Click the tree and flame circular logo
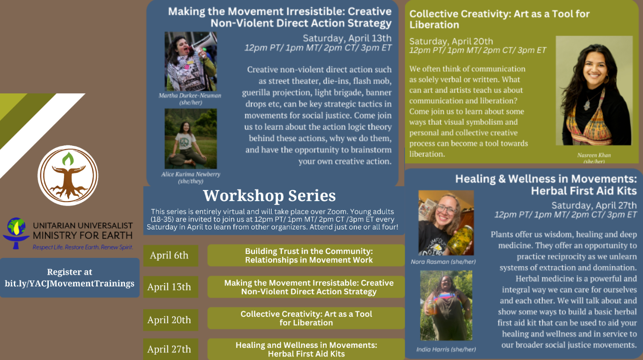[x=68, y=175]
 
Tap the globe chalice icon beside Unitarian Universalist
[x=16, y=233]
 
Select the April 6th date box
[x=171, y=255]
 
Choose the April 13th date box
[x=171, y=287]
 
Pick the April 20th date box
[x=171, y=320]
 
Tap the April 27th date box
[x=171, y=349]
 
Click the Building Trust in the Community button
[x=306, y=255]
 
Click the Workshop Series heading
[x=269, y=195]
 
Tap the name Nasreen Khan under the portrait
[x=594, y=155]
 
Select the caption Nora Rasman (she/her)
[x=443, y=262]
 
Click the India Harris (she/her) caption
[x=446, y=349]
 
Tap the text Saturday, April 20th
[x=451, y=41]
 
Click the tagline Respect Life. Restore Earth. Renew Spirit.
[x=83, y=247]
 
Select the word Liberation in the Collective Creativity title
[x=434, y=25]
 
